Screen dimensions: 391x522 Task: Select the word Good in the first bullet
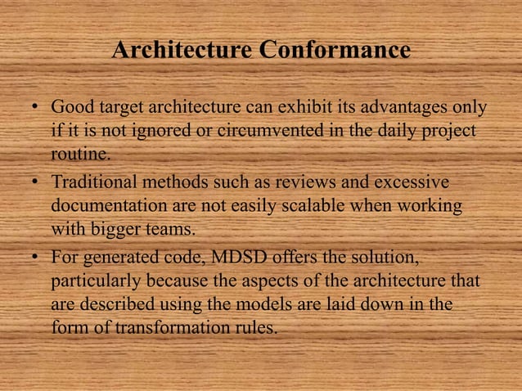click(x=69, y=109)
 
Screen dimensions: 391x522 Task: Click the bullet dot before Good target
click(x=37, y=110)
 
